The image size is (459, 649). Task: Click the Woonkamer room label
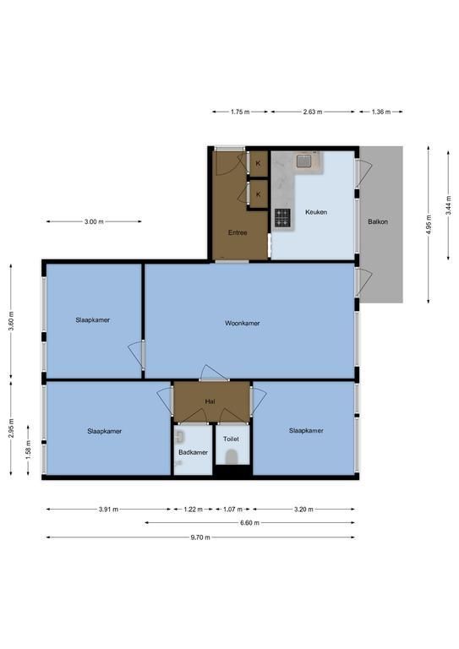pyautogui.click(x=242, y=324)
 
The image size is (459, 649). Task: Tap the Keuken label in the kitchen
pyautogui.click(x=316, y=212)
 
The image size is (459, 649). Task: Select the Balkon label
pyautogui.click(x=378, y=221)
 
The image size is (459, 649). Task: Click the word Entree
pyautogui.click(x=238, y=232)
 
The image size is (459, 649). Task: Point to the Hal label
pyautogui.click(x=210, y=401)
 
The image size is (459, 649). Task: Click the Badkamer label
pyautogui.click(x=193, y=452)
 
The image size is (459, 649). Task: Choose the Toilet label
pyautogui.click(x=231, y=439)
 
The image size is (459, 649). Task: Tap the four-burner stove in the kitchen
pyautogui.click(x=282, y=218)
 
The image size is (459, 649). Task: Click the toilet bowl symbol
pyautogui.click(x=232, y=456)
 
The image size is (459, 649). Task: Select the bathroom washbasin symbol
pyautogui.click(x=179, y=437)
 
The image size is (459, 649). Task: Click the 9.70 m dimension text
pyautogui.click(x=200, y=537)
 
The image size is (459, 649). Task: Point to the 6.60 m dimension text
pyautogui.click(x=249, y=523)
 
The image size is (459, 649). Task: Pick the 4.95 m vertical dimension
pyautogui.click(x=429, y=224)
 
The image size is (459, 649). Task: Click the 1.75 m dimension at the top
pyautogui.click(x=240, y=112)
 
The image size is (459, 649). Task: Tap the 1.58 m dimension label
pyautogui.click(x=28, y=450)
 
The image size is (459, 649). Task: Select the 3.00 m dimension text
pyautogui.click(x=94, y=221)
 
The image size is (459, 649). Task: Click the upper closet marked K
pyautogui.click(x=259, y=163)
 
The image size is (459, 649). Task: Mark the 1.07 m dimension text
pyautogui.click(x=232, y=509)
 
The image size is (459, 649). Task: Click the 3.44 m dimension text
pyautogui.click(x=448, y=205)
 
